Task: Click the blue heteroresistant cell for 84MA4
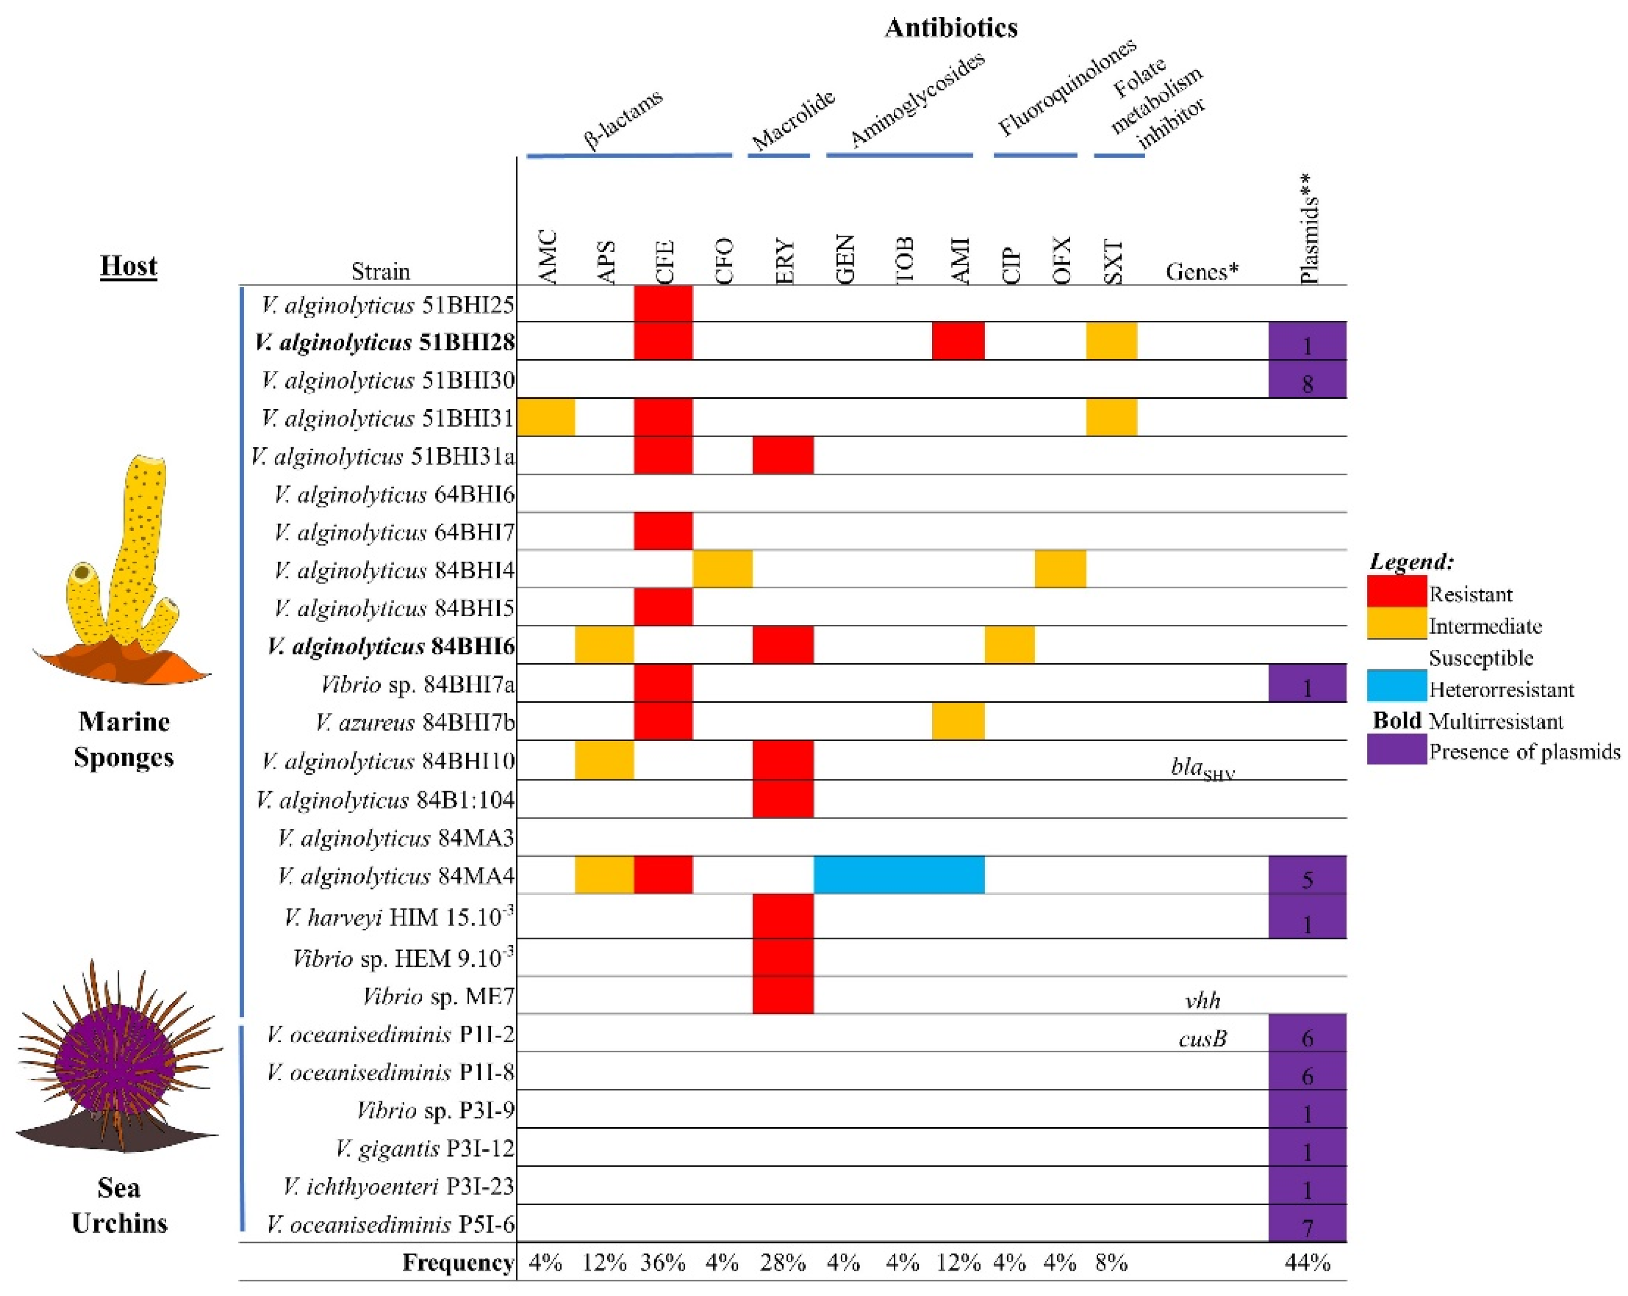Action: click(898, 875)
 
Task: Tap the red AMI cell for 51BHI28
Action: click(958, 341)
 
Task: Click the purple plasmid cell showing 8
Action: click(1307, 379)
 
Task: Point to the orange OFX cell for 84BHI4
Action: click(1060, 569)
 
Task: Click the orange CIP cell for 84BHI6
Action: click(1010, 645)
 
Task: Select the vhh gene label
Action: click(1202, 1001)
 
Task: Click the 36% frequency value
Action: click(663, 1262)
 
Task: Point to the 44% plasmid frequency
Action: click(1307, 1262)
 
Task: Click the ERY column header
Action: click(785, 261)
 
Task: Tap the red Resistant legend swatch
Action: click(1396, 591)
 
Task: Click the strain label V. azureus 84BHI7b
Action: click(416, 722)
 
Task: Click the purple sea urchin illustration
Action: click(117, 1057)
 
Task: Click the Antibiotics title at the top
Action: click(951, 28)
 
